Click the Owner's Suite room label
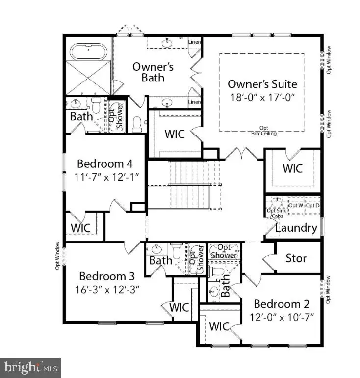pos(262,84)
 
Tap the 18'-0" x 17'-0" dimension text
pos(262,97)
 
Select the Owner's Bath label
pos(153,71)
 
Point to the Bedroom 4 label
pos(104,163)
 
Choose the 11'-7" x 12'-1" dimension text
pos(104,177)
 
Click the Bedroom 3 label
pos(106,276)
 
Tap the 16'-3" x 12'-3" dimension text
pos(106,289)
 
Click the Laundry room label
pos(296,228)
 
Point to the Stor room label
pos(296,258)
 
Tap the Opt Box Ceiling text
pos(264,130)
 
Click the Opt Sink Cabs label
pos(274,212)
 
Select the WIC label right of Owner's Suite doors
pos(292,168)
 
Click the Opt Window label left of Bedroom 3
pos(57,255)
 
